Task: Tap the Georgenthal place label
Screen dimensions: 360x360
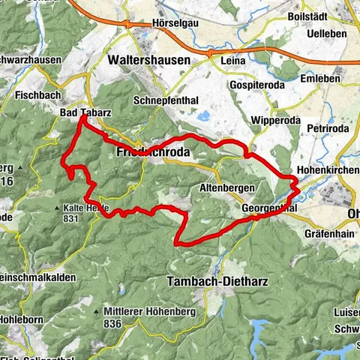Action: pyautogui.click(x=270, y=208)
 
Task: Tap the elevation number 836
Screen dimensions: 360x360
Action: pyautogui.click(x=112, y=324)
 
